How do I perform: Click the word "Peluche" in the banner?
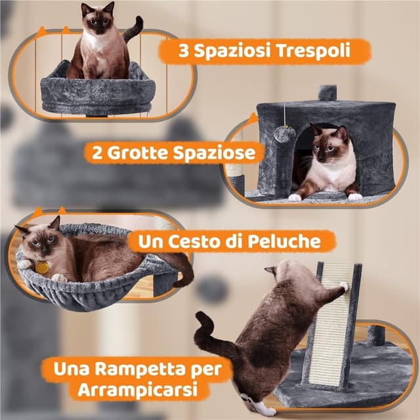coord(283,241)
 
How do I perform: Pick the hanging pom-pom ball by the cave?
coord(284,135)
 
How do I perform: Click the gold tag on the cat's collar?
coord(43,268)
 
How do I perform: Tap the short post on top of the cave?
coord(327,93)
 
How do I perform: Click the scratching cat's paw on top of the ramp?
coord(343,286)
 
